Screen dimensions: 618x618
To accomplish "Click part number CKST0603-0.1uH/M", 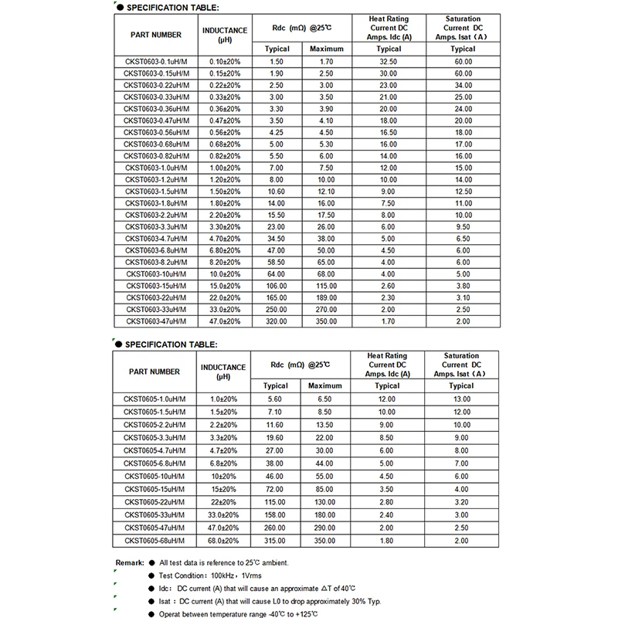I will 157,61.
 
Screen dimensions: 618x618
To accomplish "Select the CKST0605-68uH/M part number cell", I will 157,541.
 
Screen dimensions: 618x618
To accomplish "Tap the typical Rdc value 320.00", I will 276,320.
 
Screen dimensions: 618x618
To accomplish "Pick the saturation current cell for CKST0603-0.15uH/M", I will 461,72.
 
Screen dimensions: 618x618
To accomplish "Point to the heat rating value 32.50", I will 387,61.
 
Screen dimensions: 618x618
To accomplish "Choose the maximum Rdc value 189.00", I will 326,298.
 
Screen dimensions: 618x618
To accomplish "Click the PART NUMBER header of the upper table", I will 157,34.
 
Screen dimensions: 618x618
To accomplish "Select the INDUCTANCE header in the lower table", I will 225,372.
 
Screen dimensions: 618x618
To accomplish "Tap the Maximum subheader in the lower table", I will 326,385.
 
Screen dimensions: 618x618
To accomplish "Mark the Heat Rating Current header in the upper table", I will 387,27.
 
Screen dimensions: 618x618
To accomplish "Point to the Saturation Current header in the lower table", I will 461,365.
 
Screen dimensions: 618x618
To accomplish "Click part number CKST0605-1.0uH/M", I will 157,399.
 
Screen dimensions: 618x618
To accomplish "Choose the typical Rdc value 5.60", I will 276,399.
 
